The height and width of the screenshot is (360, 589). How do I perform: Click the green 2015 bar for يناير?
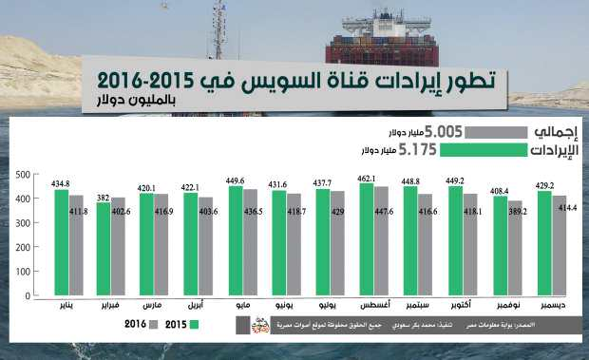click(x=61, y=242)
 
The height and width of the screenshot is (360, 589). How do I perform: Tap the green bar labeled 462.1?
click(x=367, y=239)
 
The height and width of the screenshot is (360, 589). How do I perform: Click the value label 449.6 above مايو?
click(x=236, y=180)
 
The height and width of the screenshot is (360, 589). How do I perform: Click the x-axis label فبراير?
click(x=112, y=308)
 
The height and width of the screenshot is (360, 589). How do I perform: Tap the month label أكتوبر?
click(x=463, y=308)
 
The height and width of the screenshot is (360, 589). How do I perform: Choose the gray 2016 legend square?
click(x=151, y=326)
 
